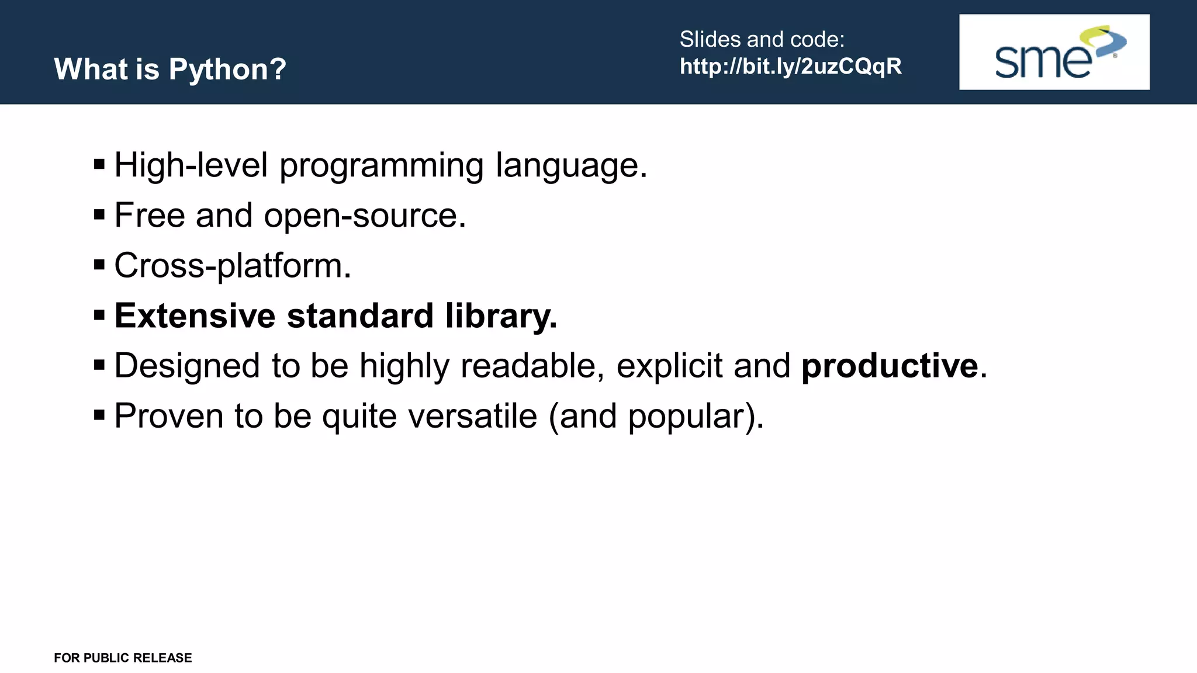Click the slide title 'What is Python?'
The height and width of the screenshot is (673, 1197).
click(x=170, y=69)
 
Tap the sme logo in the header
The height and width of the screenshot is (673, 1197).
click(x=1054, y=52)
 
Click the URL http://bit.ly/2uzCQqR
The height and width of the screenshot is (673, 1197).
click(x=790, y=67)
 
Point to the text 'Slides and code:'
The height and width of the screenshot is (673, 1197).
click(x=762, y=39)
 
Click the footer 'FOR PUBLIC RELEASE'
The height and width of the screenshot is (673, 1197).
click(x=123, y=658)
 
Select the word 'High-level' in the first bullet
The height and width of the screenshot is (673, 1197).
click(x=191, y=165)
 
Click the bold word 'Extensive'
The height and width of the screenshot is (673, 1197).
click(x=195, y=315)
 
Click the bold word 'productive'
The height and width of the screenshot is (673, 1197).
click(x=889, y=366)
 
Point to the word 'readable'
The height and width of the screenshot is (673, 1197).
click(x=530, y=366)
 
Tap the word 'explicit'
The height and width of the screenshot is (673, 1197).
click(x=669, y=366)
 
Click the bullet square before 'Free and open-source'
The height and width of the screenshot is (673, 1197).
click(x=99, y=215)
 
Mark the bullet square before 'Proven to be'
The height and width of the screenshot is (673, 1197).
click(x=99, y=415)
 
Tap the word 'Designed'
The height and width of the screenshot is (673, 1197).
click(x=187, y=366)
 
